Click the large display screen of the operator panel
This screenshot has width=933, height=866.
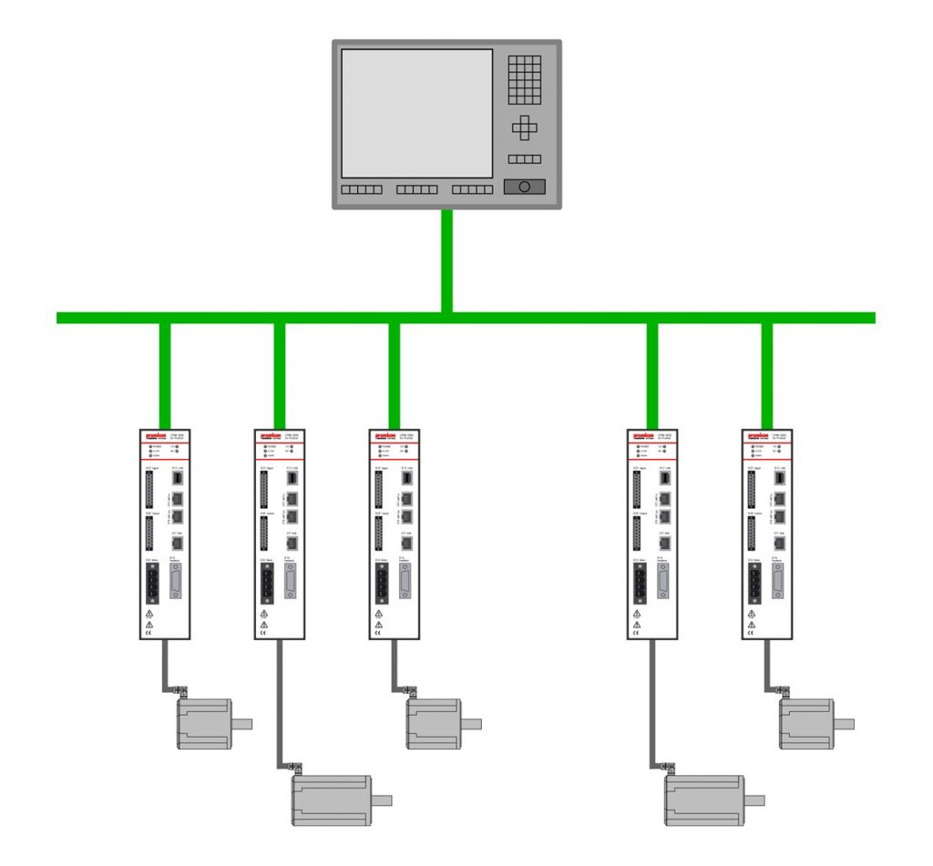click(416, 113)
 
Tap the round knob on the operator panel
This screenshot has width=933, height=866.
click(524, 187)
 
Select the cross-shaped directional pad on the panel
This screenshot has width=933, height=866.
click(524, 128)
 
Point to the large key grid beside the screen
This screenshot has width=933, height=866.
click(524, 78)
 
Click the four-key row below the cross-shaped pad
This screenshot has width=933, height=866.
click(524, 158)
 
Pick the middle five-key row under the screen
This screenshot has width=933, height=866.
click(416, 190)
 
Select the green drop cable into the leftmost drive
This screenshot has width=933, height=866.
click(165, 373)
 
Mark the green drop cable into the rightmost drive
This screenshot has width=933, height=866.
click(767, 373)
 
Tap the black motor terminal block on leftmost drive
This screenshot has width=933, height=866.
click(150, 583)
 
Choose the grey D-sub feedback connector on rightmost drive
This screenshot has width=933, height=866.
click(779, 580)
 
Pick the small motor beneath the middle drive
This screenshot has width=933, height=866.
click(433, 724)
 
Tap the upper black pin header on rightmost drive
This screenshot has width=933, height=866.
click(753, 489)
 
